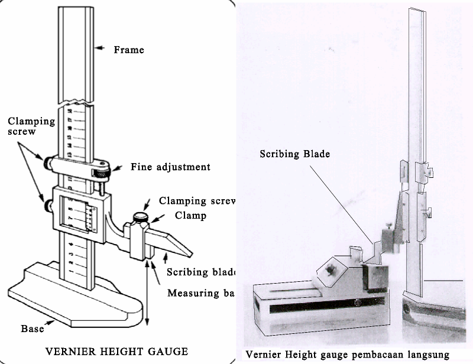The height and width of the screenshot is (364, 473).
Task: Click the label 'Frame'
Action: [x=128, y=50]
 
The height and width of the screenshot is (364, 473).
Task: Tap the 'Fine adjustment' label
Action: [x=170, y=167]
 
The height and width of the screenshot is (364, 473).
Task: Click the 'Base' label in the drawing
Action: [x=33, y=329]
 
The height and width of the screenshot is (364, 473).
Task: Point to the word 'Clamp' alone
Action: [x=190, y=216]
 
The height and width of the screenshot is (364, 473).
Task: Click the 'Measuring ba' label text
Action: [x=201, y=292]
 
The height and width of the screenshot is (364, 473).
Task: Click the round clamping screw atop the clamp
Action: [x=140, y=217]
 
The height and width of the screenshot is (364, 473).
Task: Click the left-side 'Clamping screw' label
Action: [x=31, y=126]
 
